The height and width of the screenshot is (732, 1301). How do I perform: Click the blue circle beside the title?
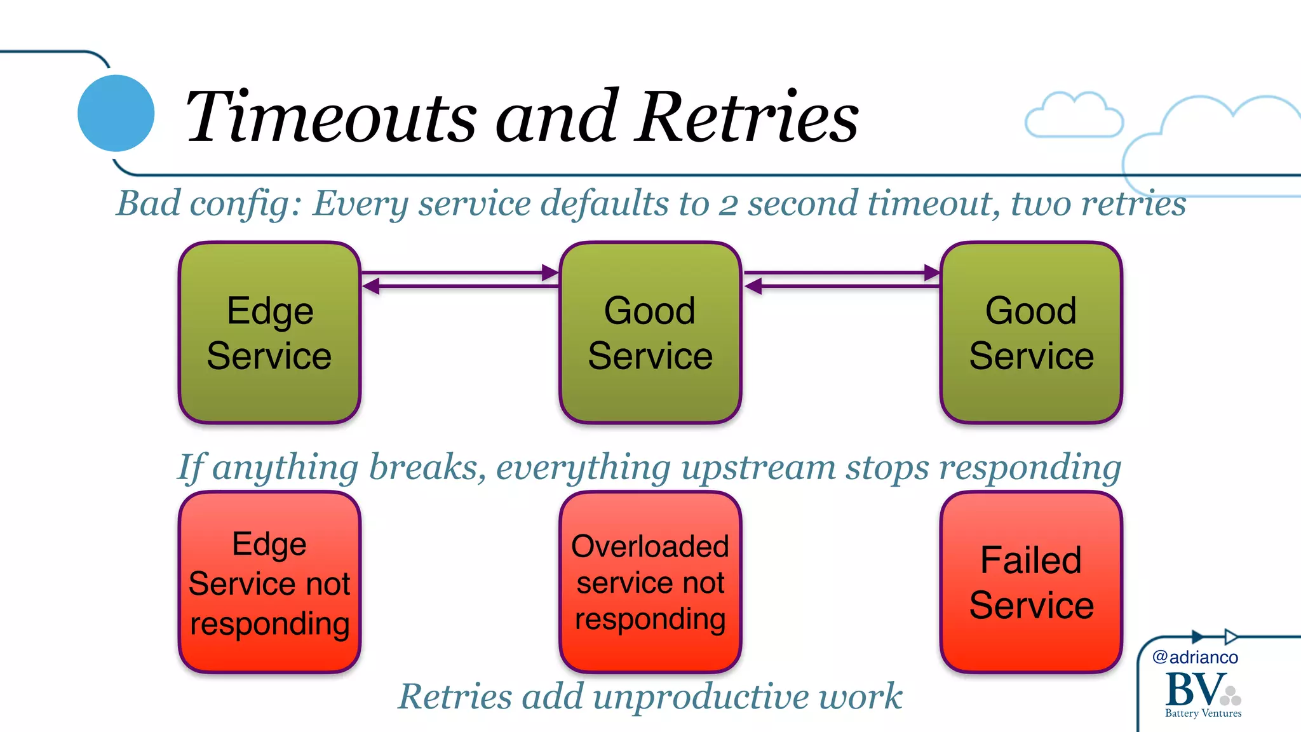point(116,113)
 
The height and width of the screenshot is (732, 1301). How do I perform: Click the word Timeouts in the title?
point(330,118)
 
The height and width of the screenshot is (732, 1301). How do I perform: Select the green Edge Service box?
point(269,332)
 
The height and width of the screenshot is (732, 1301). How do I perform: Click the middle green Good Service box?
point(650,332)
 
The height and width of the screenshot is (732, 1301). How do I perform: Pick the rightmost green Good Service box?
point(1031,332)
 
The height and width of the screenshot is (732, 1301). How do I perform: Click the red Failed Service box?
point(1031,582)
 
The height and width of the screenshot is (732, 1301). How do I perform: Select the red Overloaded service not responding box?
point(650,582)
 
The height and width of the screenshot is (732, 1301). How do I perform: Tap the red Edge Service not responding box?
point(269,582)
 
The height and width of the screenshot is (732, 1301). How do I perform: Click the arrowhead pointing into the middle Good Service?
point(550,273)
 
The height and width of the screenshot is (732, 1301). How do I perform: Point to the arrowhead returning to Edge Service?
point(371,287)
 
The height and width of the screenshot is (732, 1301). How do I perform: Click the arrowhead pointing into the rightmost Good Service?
point(932,273)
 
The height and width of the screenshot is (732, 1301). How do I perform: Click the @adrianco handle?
point(1195,657)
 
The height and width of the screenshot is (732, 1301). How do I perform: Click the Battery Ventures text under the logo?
point(1203,714)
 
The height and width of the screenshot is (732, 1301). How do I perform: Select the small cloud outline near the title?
point(1074,116)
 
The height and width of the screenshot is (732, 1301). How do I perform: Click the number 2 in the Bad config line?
point(728,205)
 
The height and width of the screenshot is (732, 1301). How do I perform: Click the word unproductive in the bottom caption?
point(701,697)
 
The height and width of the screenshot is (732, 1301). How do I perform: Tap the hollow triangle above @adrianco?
point(1230,637)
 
